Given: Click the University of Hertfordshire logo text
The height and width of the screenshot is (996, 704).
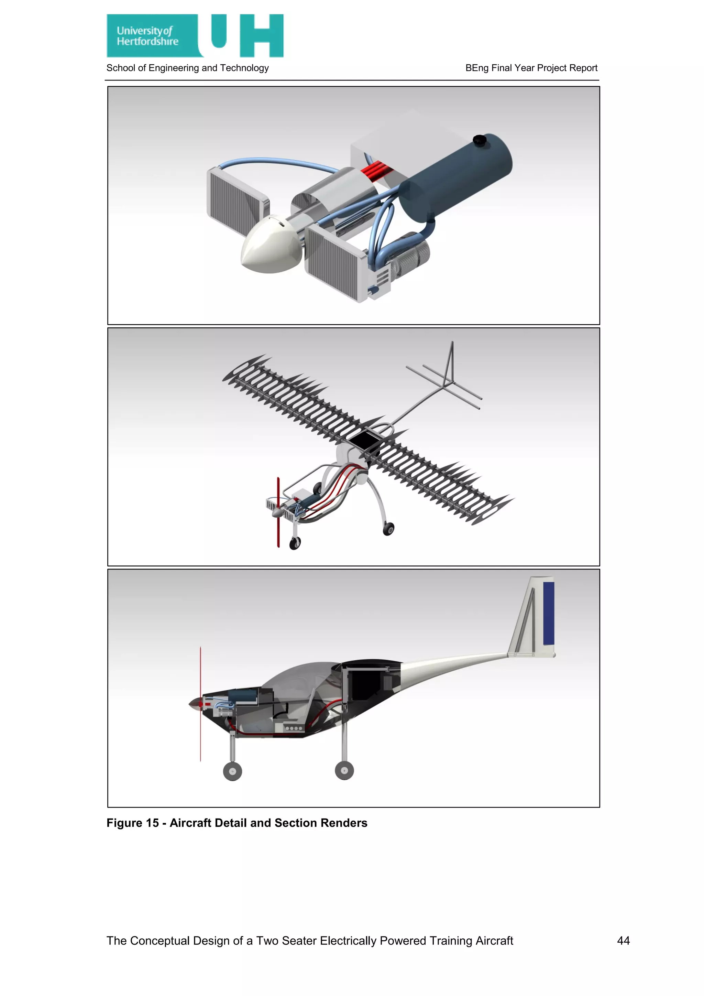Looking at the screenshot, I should pyautogui.click(x=147, y=36).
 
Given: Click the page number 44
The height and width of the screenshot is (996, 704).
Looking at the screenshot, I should pyautogui.click(x=623, y=941).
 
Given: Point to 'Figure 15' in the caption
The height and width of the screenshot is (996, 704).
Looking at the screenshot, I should pyautogui.click(x=133, y=823).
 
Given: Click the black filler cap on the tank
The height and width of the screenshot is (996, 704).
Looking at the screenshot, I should pyautogui.click(x=479, y=140).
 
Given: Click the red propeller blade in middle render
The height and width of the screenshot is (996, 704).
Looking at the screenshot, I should pyautogui.click(x=278, y=512).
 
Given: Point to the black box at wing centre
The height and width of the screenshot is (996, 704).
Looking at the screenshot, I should pyautogui.click(x=365, y=441).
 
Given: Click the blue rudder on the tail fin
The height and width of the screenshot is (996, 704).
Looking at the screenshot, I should pyautogui.click(x=548, y=613).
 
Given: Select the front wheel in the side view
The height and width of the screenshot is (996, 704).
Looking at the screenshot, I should pyautogui.click(x=232, y=771).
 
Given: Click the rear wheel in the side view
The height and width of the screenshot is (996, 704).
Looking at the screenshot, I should pyautogui.click(x=344, y=770).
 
